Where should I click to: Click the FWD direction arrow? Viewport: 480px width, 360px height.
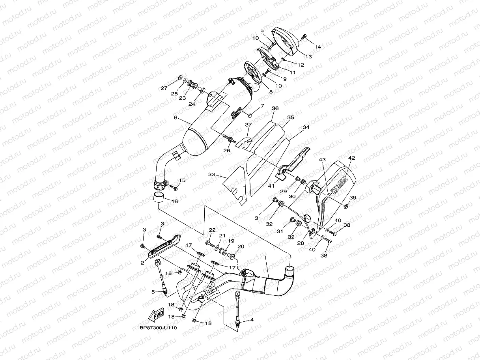point(156,315)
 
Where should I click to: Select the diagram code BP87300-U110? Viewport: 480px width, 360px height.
point(158,328)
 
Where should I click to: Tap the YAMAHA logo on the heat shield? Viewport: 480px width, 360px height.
point(339,185)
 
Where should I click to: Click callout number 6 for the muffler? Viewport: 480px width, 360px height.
point(176,118)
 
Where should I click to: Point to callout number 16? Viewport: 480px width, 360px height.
point(175,201)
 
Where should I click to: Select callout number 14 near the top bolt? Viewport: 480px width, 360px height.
point(318,47)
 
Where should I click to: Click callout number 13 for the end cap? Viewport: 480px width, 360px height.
point(308,57)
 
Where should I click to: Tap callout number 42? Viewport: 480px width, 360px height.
point(352,158)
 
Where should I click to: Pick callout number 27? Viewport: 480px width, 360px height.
point(164,88)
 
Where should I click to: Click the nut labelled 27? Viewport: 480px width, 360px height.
point(180,77)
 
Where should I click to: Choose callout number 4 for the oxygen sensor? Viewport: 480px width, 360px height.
point(252,320)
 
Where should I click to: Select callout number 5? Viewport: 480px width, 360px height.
point(153,292)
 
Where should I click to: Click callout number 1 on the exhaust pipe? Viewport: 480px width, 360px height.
point(265,258)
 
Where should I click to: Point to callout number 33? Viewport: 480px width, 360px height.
point(211,174)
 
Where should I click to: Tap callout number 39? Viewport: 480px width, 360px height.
point(353,198)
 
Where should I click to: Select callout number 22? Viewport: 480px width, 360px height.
point(212,230)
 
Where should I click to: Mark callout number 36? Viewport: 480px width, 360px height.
point(275,108)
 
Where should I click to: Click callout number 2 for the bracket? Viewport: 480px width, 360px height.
point(142,263)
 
